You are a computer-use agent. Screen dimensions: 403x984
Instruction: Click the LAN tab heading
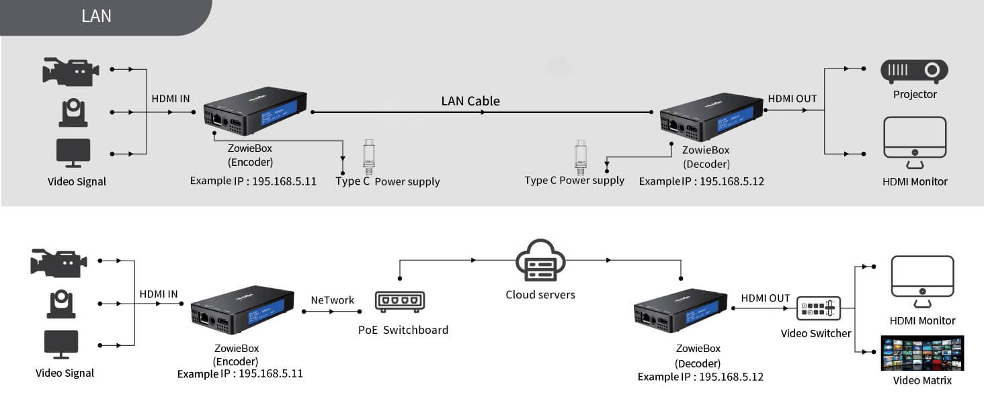[x=96, y=16]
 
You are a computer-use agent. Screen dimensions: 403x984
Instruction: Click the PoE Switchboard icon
[x=401, y=302]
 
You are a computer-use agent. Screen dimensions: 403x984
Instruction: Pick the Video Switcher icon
[x=818, y=308]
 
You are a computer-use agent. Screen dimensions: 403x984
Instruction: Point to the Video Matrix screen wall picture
[x=922, y=353]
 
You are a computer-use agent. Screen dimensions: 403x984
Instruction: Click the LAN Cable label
[x=470, y=101]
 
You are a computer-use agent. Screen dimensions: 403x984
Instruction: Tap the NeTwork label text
[x=332, y=300]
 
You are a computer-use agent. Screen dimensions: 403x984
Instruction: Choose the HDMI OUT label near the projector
[x=792, y=99]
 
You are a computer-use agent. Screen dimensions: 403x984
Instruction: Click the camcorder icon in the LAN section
[x=71, y=71]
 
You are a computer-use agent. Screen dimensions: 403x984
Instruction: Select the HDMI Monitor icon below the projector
[x=915, y=142]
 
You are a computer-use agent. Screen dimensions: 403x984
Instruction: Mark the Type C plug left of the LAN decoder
[x=581, y=154]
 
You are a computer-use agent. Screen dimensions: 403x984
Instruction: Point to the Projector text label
[x=914, y=95]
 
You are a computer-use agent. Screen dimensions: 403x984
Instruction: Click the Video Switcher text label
[x=815, y=334]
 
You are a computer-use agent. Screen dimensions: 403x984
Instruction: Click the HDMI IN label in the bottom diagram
[x=159, y=294]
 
